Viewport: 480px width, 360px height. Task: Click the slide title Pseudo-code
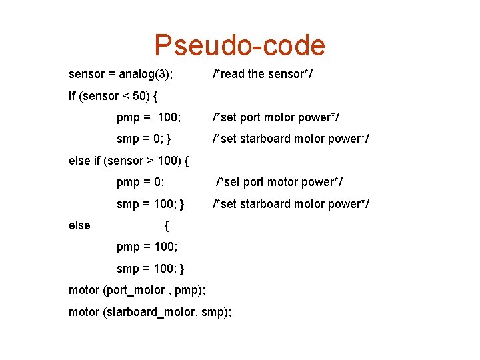[x=239, y=45]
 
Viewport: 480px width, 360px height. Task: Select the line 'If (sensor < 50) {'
[x=113, y=96]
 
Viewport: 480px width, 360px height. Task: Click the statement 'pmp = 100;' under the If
[x=148, y=117]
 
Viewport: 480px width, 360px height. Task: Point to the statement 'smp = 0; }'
[x=144, y=139]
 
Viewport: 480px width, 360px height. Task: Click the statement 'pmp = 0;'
[x=141, y=182]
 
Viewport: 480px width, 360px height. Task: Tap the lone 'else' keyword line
[x=79, y=225]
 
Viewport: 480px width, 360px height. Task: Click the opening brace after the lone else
[x=167, y=225]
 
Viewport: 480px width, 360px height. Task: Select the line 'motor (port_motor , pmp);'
[x=137, y=290]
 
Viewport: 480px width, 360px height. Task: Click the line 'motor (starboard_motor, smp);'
[x=150, y=312]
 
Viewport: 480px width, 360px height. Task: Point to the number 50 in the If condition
[x=141, y=96]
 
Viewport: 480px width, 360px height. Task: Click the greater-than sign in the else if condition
[x=150, y=161]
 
